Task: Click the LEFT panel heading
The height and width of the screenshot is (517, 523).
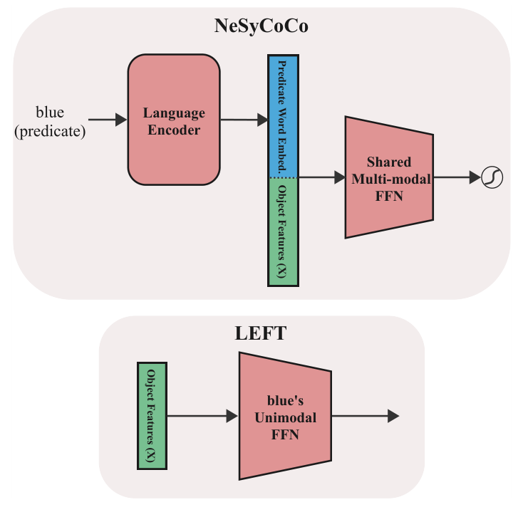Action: [x=261, y=333]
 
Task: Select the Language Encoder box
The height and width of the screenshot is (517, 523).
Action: [x=174, y=120]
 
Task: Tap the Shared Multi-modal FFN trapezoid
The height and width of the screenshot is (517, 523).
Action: [x=390, y=177]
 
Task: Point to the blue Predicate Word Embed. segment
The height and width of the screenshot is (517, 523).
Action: [x=282, y=117]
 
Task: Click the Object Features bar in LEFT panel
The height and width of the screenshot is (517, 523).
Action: [x=151, y=416]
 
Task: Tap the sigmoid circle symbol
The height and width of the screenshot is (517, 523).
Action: [x=492, y=177]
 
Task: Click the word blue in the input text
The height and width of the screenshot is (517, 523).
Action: [x=50, y=113]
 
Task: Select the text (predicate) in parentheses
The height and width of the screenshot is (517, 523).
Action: [x=50, y=130]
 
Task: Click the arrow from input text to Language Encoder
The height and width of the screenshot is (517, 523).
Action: [x=107, y=120]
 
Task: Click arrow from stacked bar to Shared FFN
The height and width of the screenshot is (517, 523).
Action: [x=321, y=177]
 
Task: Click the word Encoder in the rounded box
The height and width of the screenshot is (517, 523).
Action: [x=174, y=130]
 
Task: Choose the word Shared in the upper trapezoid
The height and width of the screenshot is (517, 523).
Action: [x=389, y=162]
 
